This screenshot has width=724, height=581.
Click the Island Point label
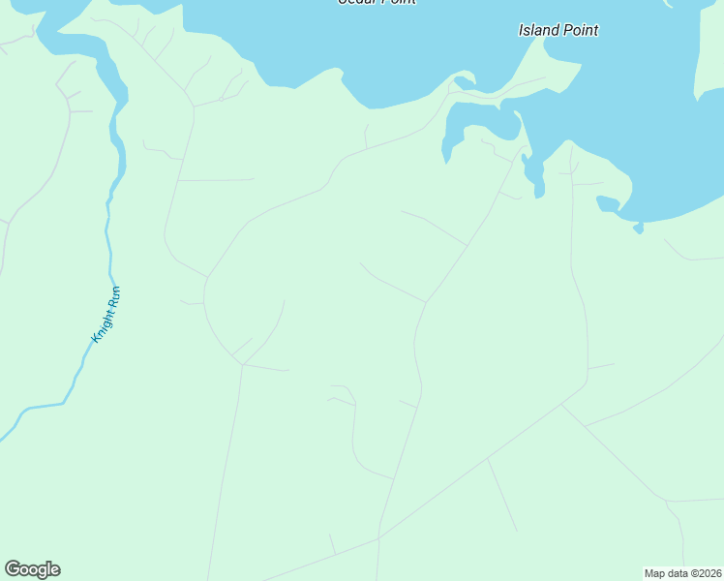click(x=558, y=30)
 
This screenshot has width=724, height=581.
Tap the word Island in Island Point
click(x=538, y=30)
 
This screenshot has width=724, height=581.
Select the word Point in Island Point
click(x=578, y=30)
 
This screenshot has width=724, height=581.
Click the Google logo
click(x=32, y=569)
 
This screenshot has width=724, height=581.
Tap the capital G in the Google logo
click(x=13, y=568)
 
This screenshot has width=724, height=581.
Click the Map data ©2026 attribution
click(x=682, y=573)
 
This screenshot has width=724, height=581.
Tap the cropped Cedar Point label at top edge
click(x=377, y=2)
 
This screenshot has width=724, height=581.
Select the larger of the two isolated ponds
click(x=607, y=203)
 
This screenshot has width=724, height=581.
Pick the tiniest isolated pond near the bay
click(x=638, y=229)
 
